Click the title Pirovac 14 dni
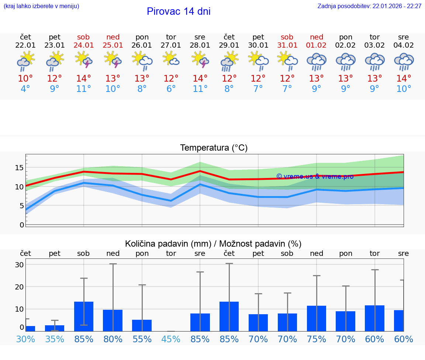pos(179,11)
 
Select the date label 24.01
pos(84,45)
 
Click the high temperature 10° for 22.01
pos(25,79)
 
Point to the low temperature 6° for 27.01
pos(171,89)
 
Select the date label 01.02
pos(316,45)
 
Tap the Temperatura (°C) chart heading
pos(214,148)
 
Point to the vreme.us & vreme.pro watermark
pos(315,176)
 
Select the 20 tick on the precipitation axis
pos(19,287)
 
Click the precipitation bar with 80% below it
pos(113,320)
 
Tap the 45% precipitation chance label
pos(171,339)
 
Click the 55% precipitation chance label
pos(142,339)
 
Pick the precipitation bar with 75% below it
pos(316,318)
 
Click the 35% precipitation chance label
pos(55,339)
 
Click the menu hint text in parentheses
pos(41,6)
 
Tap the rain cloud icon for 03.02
pos(374,62)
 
